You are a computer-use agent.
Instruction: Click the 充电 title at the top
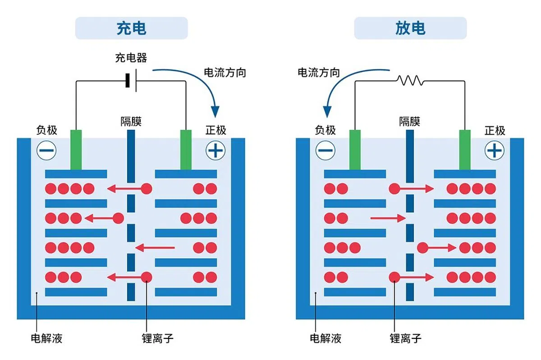(131, 28)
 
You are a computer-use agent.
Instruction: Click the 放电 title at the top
(410, 28)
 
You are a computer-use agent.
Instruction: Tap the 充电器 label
(131, 58)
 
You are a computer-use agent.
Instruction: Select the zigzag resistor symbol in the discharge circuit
(410, 81)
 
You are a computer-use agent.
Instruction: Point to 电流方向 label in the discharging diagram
(319, 72)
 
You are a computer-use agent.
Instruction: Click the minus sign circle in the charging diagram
(46, 150)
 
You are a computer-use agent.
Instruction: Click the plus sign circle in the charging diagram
(215, 150)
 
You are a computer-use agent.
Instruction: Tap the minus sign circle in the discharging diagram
(326, 150)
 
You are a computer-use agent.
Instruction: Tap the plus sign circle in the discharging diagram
(495, 150)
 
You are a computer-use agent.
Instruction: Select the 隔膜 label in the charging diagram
(131, 122)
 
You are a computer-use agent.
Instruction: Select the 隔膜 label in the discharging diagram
(410, 122)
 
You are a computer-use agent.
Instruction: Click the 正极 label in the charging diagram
(216, 131)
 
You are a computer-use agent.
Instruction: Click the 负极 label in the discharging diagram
(326, 131)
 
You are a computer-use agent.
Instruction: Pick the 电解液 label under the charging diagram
(46, 338)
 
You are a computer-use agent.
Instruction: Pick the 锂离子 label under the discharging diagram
(406, 338)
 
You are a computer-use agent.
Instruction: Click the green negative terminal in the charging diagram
(76, 150)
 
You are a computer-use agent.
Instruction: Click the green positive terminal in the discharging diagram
(465, 150)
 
